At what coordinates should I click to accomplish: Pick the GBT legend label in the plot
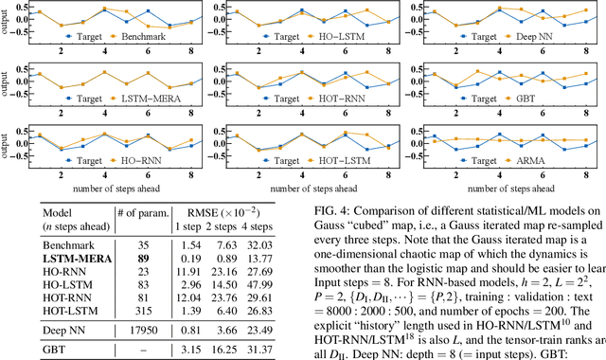tap(524, 98)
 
